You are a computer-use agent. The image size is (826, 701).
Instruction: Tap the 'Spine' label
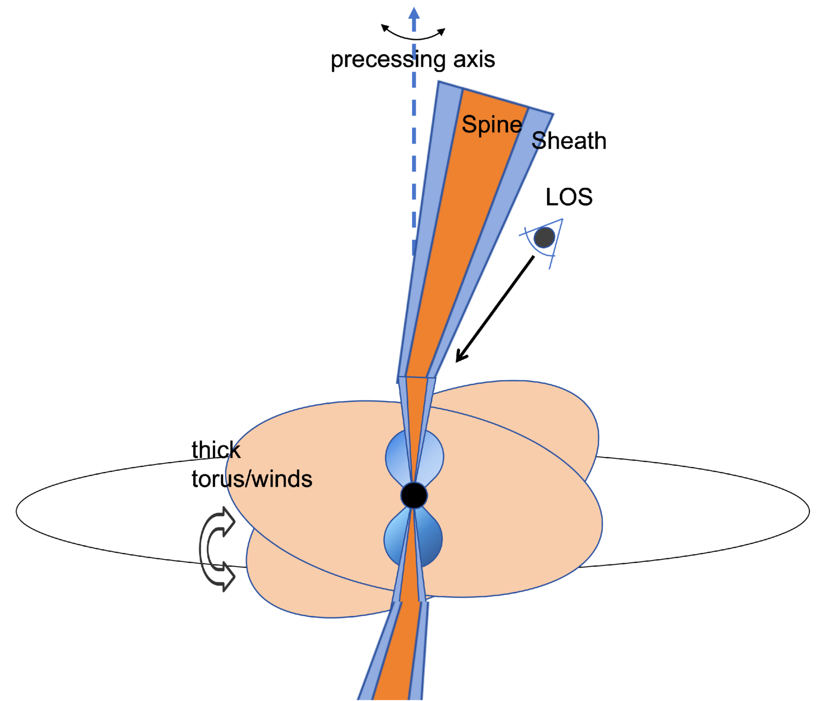pyautogui.click(x=491, y=125)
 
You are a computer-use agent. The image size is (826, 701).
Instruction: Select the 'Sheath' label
pyautogui.click(x=569, y=141)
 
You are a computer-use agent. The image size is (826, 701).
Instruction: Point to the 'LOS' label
pyautogui.click(x=569, y=197)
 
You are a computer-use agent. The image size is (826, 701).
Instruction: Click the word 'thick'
pyautogui.click(x=216, y=450)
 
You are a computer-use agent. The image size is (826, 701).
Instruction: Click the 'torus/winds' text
pyautogui.click(x=252, y=479)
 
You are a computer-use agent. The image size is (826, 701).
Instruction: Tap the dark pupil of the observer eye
pyautogui.click(x=544, y=238)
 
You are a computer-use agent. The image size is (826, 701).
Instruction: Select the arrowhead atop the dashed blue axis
pyautogui.click(x=414, y=14)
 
